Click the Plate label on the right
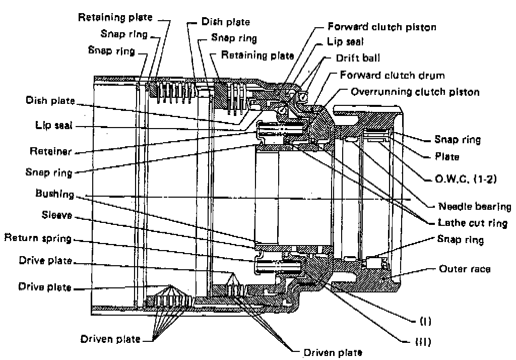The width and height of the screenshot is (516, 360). [x=447, y=157]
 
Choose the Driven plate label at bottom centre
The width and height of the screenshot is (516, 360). [x=332, y=352]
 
